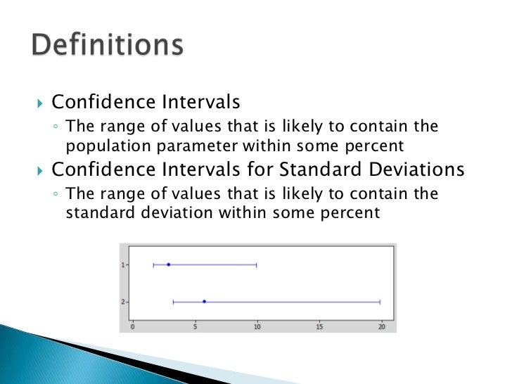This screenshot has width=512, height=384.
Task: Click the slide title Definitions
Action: coord(108,46)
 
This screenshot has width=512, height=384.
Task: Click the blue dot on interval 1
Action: coord(169,264)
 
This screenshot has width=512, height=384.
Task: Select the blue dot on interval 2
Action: coord(204,302)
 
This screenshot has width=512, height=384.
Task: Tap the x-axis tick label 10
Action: coord(257,326)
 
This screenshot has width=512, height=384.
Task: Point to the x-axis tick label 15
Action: coord(319,326)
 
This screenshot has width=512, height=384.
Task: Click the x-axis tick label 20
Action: coord(382,326)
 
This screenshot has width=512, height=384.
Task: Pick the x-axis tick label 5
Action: coord(195,326)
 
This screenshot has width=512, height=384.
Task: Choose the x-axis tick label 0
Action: coord(133,326)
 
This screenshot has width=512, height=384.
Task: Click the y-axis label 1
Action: coord(123,265)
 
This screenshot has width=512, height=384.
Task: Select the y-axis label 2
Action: coord(123,302)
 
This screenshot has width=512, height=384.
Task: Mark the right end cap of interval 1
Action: coord(257,264)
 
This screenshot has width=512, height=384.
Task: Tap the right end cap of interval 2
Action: coord(380,302)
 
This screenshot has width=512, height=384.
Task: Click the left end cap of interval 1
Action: coord(153,264)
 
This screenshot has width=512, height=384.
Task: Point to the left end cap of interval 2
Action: coord(173,302)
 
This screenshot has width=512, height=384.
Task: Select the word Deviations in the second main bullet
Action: coord(418,170)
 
